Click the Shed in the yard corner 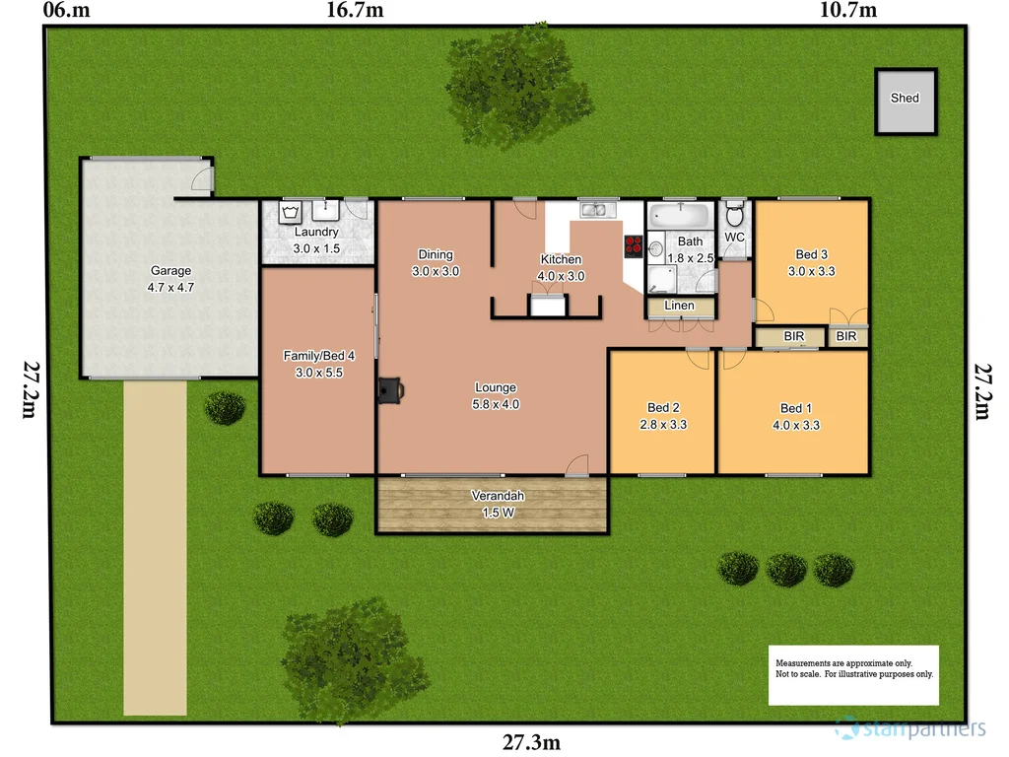click(905, 101)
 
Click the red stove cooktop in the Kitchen click(633, 246)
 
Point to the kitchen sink click(597, 210)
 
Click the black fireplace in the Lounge click(388, 390)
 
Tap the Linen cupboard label click(679, 306)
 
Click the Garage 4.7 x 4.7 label click(170, 278)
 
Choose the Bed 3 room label click(811, 262)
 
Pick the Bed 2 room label click(663, 417)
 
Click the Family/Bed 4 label click(318, 364)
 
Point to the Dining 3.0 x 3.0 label click(435, 262)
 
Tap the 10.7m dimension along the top click(847, 11)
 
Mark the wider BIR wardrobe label click(794, 337)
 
